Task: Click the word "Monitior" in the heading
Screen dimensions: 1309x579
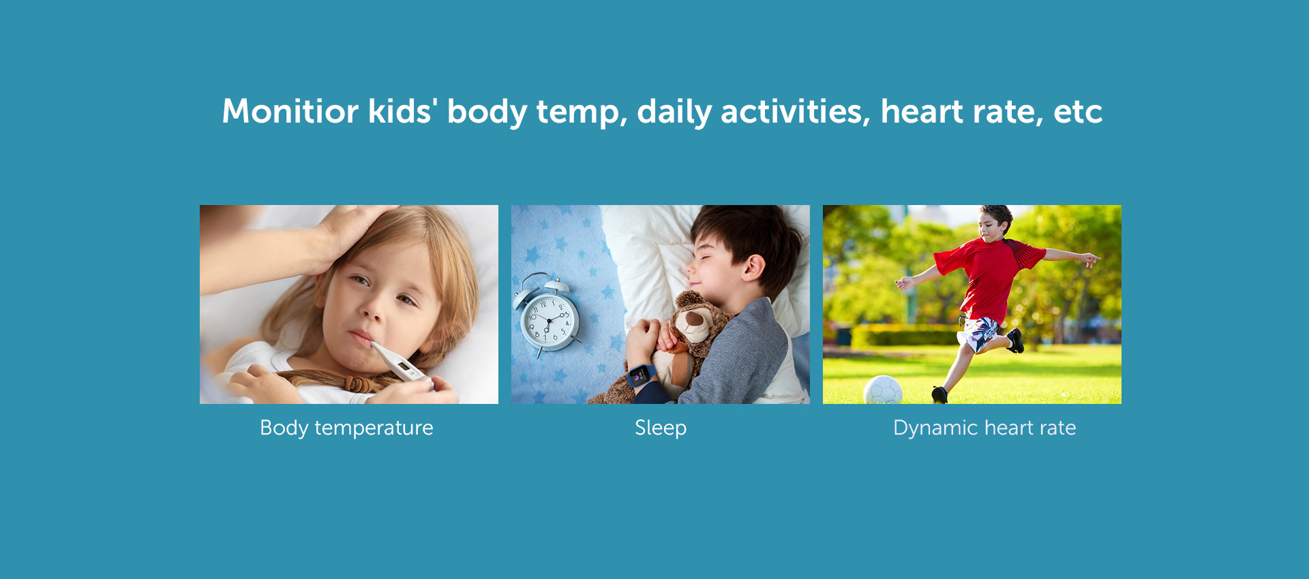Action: point(290,111)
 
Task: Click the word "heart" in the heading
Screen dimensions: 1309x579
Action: point(922,111)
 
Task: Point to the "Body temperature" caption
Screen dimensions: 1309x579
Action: point(346,428)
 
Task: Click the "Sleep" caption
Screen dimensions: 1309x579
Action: point(661,428)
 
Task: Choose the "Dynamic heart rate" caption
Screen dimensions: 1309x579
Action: point(984,428)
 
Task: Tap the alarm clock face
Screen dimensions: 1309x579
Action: point(550,320)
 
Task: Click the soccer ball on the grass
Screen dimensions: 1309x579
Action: point(883,390)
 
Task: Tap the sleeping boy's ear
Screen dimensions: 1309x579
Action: point(753,267)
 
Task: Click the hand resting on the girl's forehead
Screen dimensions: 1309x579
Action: point(344,235)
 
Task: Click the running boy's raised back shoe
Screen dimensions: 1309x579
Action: point(1015,340)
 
